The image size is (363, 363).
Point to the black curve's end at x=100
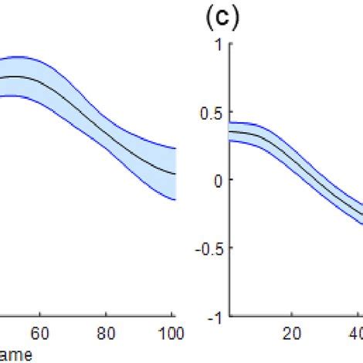(x=175, y=174)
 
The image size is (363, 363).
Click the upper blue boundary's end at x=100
(x=175, y=148)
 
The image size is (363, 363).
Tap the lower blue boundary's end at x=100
(x=175, y=200)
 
